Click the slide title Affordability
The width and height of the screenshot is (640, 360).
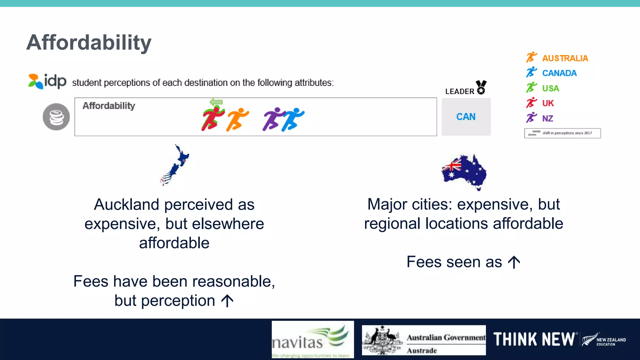point(89,42)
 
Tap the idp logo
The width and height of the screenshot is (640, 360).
point(47,81)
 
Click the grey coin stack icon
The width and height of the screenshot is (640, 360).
point(56,117)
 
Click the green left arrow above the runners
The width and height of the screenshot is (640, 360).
point(216,102)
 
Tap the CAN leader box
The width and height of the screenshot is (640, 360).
point(466,117)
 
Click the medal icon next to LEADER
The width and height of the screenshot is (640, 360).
point(481,87)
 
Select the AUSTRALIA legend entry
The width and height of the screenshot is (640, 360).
point(557,58)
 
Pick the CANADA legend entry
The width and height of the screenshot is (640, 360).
point(552,73)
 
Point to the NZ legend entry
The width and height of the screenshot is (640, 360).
point(540,118)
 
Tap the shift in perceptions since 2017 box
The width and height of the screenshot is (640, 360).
point(562,133)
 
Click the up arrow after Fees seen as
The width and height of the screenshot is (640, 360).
point(514,262)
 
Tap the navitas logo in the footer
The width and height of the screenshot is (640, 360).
point(312,339)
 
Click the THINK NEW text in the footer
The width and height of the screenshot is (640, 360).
point(534,339)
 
